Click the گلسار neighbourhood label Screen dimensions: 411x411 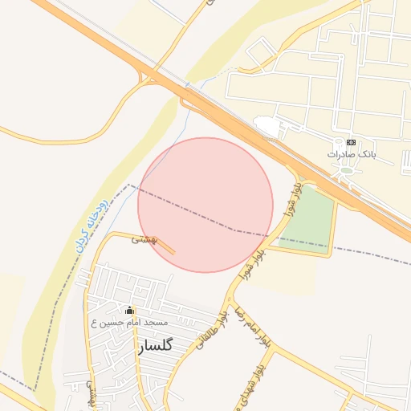click(155, 346)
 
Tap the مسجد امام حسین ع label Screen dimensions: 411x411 click(130, 323)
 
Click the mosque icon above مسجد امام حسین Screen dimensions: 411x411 click(130, 311)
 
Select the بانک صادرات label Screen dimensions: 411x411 click(352, 153)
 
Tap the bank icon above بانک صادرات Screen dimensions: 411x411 click(351, 142)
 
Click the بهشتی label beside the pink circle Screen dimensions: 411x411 click(145, 239)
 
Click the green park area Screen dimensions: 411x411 click(310, 221)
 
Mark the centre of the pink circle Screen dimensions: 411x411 click(205, 205)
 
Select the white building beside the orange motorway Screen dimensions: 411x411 click(267, 126)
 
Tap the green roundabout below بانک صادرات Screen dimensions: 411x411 click(346, 169)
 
